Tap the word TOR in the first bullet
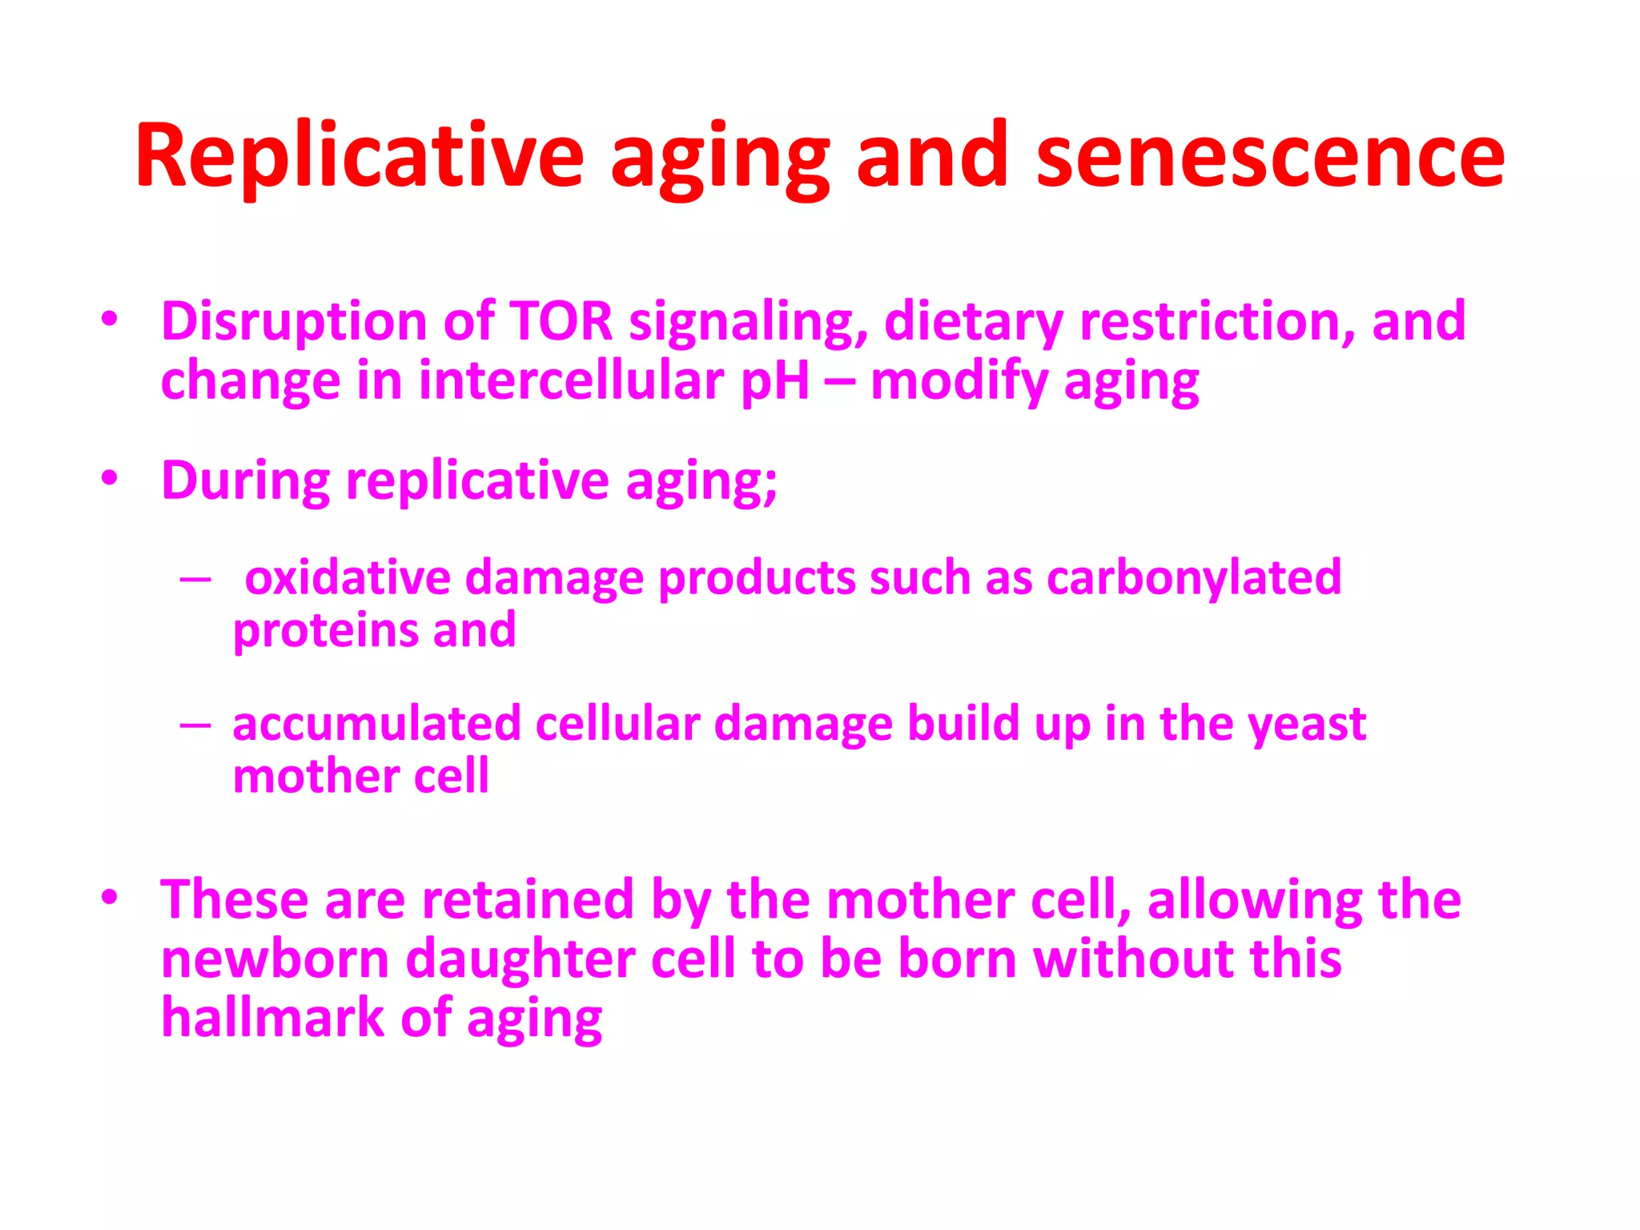point(561,321)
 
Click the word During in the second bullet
point(246,480)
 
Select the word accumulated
point(376,724)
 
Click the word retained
point(528,899)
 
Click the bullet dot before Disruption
point(110,320)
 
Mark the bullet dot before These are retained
point(110,898)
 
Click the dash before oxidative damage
point(195,578)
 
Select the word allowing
point(1254,901)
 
